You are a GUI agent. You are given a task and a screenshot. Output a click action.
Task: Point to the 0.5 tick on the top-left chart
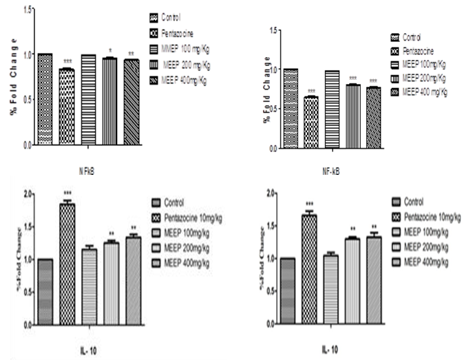27,100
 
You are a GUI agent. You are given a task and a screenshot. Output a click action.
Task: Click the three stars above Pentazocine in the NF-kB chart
311,91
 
